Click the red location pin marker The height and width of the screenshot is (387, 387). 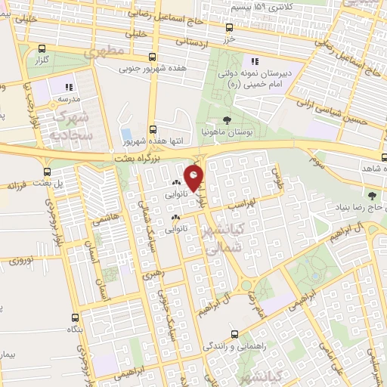click(x=194, y=178)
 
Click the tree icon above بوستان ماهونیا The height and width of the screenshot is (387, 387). click(x=228, y=119)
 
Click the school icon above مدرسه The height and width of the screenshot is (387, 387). click(x=70, y=87)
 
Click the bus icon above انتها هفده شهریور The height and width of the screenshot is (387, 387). click(x=153, y=129)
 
